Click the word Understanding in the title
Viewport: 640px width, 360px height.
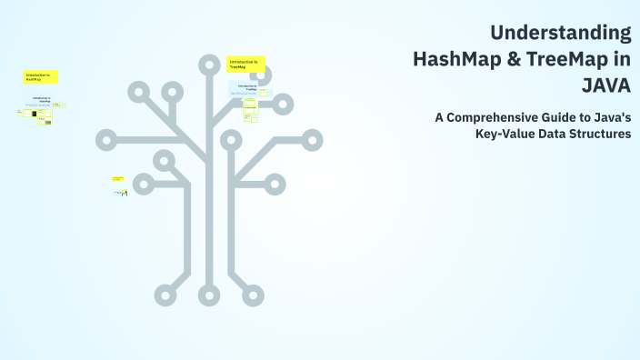pyautogui.click(x=560, y=34)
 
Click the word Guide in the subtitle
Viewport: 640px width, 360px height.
pyautogui.click(x=567, y=116)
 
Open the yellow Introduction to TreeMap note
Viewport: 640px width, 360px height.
pyautogui.click(x=245, y=64)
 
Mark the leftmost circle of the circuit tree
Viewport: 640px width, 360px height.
pyautogui.click(x=106, y=140)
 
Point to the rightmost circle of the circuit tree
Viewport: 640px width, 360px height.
pyautogui.click(x=313, y=140)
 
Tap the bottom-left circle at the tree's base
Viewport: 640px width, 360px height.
pyautogui.click(x=169, y=295)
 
